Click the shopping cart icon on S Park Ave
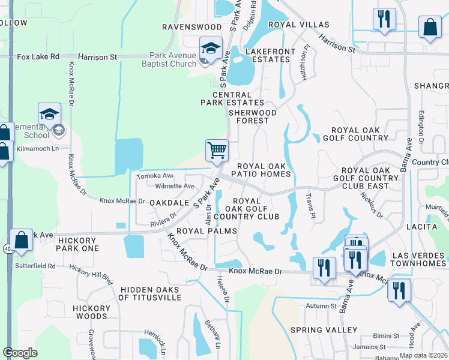(x=216, y=150)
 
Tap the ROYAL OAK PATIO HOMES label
(x=264, y=170)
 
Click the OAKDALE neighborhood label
(x=165, y=203)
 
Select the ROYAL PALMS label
(x=198, y=230)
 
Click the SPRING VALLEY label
(x=324, y=330)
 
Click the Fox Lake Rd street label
(x=38, y=57)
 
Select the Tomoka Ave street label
(x=155, y=176)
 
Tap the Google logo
(x=20, y=353)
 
